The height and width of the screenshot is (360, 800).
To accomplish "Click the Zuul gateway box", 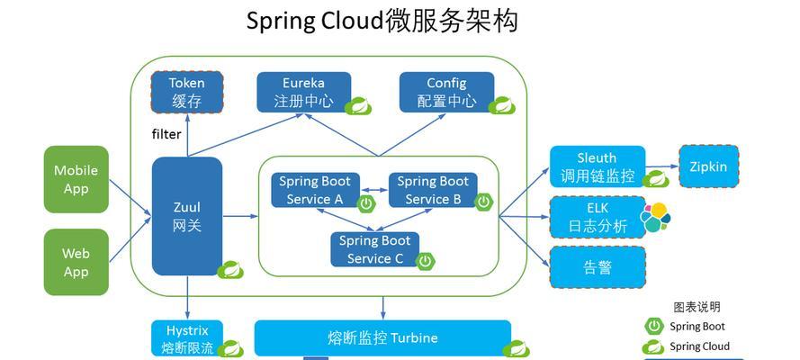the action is tap(187, 216).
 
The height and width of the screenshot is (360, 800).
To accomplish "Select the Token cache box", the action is tap(187, 92).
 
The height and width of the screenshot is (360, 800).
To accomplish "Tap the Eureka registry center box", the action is tap(303, 92).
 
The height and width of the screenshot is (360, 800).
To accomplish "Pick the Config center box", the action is tap(446, 92).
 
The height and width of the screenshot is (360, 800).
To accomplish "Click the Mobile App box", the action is tap(76, 179).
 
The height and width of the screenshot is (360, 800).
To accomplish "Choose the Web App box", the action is tap(76, 262).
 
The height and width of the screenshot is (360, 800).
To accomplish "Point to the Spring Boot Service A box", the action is tap(315, 190).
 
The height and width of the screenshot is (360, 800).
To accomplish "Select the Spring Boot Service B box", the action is tap(433, 190).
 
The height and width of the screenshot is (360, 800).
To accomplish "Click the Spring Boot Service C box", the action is tap(374, 249).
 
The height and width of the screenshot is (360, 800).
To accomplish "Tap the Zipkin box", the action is tap(709, 166).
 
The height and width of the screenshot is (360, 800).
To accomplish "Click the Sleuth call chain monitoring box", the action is tap(598, 166).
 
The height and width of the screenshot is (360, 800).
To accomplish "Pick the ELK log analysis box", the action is tap(598, 217).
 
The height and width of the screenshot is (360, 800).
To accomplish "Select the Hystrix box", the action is tap(187, 338).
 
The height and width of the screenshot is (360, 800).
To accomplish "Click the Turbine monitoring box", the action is tap(382, 337).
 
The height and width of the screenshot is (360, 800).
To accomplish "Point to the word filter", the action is tap(166, 134).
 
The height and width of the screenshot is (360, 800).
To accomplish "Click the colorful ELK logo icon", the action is tap(656, 217).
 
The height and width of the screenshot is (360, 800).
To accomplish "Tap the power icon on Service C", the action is tap(425, 262).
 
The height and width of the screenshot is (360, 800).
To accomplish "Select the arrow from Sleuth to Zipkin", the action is tap(662, 166).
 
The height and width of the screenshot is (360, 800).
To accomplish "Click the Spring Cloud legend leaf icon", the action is tap(653, 346).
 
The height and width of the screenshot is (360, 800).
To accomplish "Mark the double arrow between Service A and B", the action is tap(374, 190).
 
